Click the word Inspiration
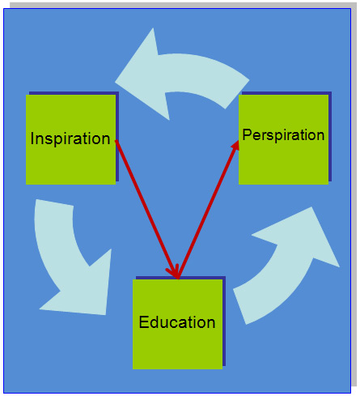tap(70, 138)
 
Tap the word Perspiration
tap(283, 135)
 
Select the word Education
tap(177, 322)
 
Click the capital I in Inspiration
tap(32, 138)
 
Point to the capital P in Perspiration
tap(247, 134)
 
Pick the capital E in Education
tap(143, 322)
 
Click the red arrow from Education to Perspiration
tap(208, 210)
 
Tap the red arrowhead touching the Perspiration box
tap(235, 146)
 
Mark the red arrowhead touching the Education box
tap(174, 272)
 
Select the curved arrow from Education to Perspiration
tap(286, 266)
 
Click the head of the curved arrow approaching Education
tap(87, 292)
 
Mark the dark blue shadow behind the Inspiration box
tap(117, 135)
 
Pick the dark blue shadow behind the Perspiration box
tap(330, 135)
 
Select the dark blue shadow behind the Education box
tap(224, 321)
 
